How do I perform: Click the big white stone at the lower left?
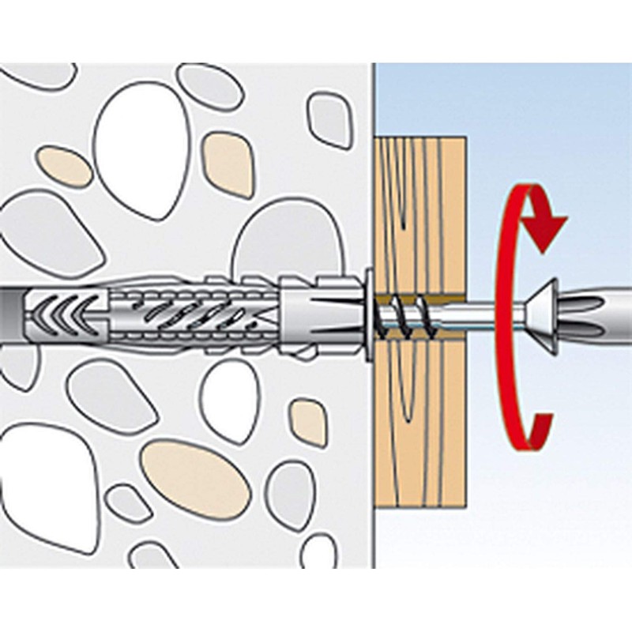47,482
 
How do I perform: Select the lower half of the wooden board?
419,442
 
